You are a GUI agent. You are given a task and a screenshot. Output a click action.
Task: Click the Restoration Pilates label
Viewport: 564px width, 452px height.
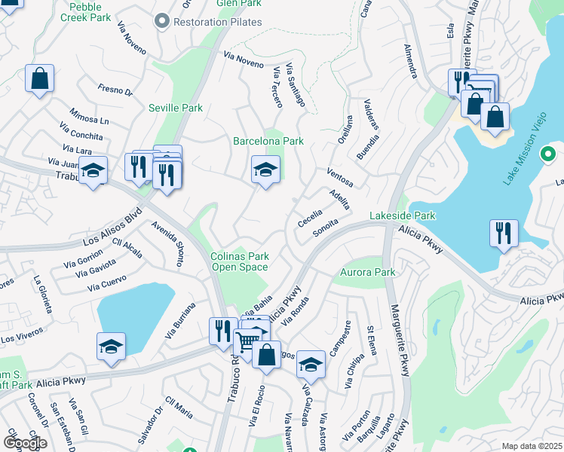tap(217, 22)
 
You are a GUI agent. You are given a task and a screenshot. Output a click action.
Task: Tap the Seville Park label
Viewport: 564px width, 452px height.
tap(176, 108)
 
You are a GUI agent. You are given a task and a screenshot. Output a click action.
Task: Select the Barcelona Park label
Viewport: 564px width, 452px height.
tap(268, 141)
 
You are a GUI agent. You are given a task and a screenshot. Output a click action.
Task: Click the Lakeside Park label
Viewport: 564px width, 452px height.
tap(403, 215)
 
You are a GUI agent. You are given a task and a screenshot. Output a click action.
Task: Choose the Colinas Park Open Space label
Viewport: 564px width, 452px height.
tap(239, 261)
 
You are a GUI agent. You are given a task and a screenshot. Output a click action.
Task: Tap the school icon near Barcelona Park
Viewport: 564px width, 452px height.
tap(265, 170)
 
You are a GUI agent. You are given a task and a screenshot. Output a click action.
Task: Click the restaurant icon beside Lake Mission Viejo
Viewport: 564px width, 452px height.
tap(503, 233)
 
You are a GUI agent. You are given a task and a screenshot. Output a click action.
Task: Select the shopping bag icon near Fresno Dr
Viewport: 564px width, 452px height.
tap(39, 78)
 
